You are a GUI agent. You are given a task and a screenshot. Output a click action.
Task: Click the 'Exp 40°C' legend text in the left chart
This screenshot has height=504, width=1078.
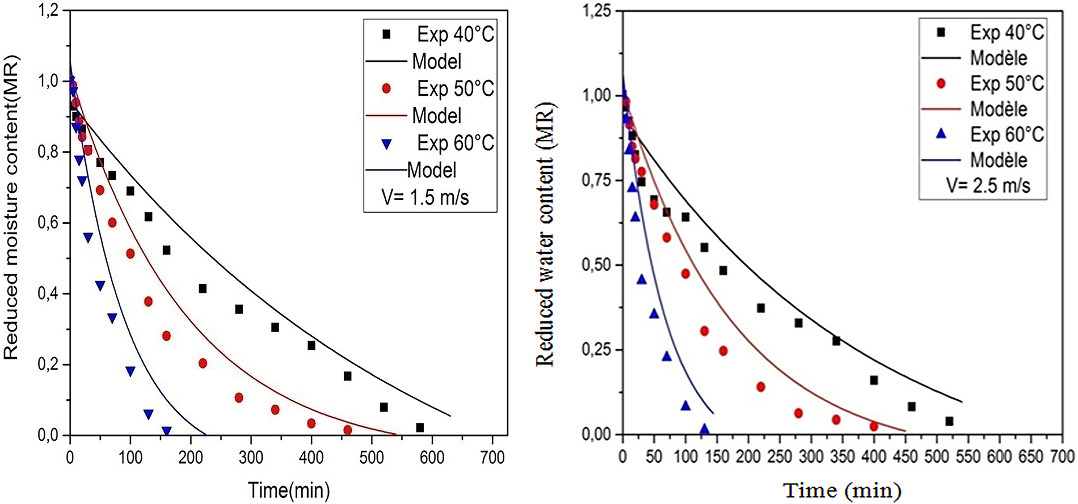456,35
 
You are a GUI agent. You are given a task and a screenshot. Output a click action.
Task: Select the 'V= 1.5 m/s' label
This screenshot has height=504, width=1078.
425,197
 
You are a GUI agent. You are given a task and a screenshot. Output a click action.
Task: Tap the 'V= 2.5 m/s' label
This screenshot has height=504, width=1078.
988,185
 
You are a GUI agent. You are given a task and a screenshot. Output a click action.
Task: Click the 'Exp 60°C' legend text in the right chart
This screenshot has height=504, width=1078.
1007,134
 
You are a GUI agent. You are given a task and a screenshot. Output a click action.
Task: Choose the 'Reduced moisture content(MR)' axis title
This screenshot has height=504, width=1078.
12,207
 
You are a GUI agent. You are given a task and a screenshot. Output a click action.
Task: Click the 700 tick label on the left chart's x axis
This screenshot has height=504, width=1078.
491,457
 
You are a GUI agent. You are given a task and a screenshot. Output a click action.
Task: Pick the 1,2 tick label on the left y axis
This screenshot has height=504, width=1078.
48,11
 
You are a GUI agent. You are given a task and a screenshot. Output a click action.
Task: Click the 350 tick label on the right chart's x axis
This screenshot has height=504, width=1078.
842,456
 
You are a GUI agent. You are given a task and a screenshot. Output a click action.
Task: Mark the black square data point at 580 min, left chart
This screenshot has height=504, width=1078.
420,427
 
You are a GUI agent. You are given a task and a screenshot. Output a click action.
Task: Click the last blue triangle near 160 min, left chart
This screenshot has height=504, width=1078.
166,431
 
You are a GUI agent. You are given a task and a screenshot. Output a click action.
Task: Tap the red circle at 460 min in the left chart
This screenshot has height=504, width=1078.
347,430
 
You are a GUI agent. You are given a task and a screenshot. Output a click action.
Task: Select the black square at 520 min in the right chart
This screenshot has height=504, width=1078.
949,421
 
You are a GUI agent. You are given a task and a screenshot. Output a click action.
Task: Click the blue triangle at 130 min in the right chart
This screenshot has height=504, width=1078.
704,429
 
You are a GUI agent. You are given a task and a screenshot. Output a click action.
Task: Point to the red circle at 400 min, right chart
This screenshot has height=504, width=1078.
874,426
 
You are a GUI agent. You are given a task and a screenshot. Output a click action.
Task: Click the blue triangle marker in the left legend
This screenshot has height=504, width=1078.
386,144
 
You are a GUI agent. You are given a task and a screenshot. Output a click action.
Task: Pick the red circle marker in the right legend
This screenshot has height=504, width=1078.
941,83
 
